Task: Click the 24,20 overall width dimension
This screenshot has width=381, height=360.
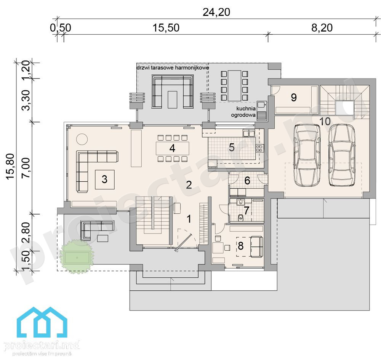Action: point(216,12)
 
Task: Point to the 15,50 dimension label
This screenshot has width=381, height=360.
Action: point(166,28)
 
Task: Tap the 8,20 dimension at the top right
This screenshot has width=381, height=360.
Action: point(322,28)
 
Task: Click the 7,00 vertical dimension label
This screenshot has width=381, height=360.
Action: point(26,168)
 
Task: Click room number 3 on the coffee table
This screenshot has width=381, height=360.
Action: point(104,179)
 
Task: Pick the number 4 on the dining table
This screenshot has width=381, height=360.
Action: point(172,148)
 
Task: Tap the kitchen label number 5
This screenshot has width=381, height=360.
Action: point(232,147)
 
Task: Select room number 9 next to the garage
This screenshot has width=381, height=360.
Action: point(294,98)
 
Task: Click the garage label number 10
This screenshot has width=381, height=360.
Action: point(325,121)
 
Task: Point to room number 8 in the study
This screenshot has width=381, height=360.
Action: point(240,246)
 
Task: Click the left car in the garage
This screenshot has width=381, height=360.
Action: point(307,155)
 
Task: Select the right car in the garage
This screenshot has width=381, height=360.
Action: point(342,155)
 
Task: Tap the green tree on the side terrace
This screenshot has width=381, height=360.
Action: point(77,256)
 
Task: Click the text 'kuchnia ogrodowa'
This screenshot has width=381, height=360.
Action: point(243,112)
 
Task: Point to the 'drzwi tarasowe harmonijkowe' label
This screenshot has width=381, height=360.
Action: point(173,67)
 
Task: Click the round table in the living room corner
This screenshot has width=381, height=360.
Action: point(82,139)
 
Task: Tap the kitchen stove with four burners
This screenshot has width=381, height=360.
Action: point(259,148)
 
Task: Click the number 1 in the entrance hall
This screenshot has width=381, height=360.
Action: point(189,219)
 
